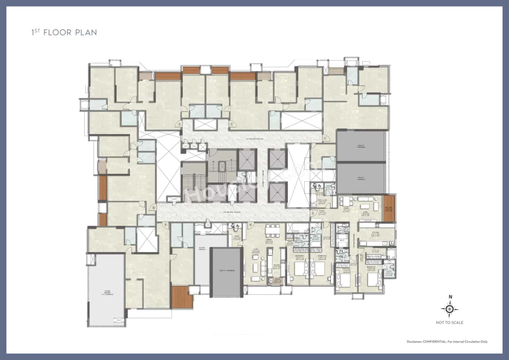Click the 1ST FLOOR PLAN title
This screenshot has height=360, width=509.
(x=64, y=32)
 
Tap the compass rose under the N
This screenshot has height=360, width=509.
(x=450, y=309)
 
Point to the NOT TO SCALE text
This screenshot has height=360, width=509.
(x=449, y=323)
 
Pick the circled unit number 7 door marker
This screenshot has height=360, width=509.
(x=180, y=124)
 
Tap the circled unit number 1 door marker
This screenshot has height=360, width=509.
(x=231, y=124)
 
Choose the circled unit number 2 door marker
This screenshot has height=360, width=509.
(x=324, y=138)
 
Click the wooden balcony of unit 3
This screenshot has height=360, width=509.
(x=389, y=208)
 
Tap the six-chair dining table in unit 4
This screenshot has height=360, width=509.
(x=272, y=230)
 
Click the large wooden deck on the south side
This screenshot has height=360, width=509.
(x=182, y=297)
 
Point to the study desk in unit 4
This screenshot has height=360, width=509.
(x=235, y=227)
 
